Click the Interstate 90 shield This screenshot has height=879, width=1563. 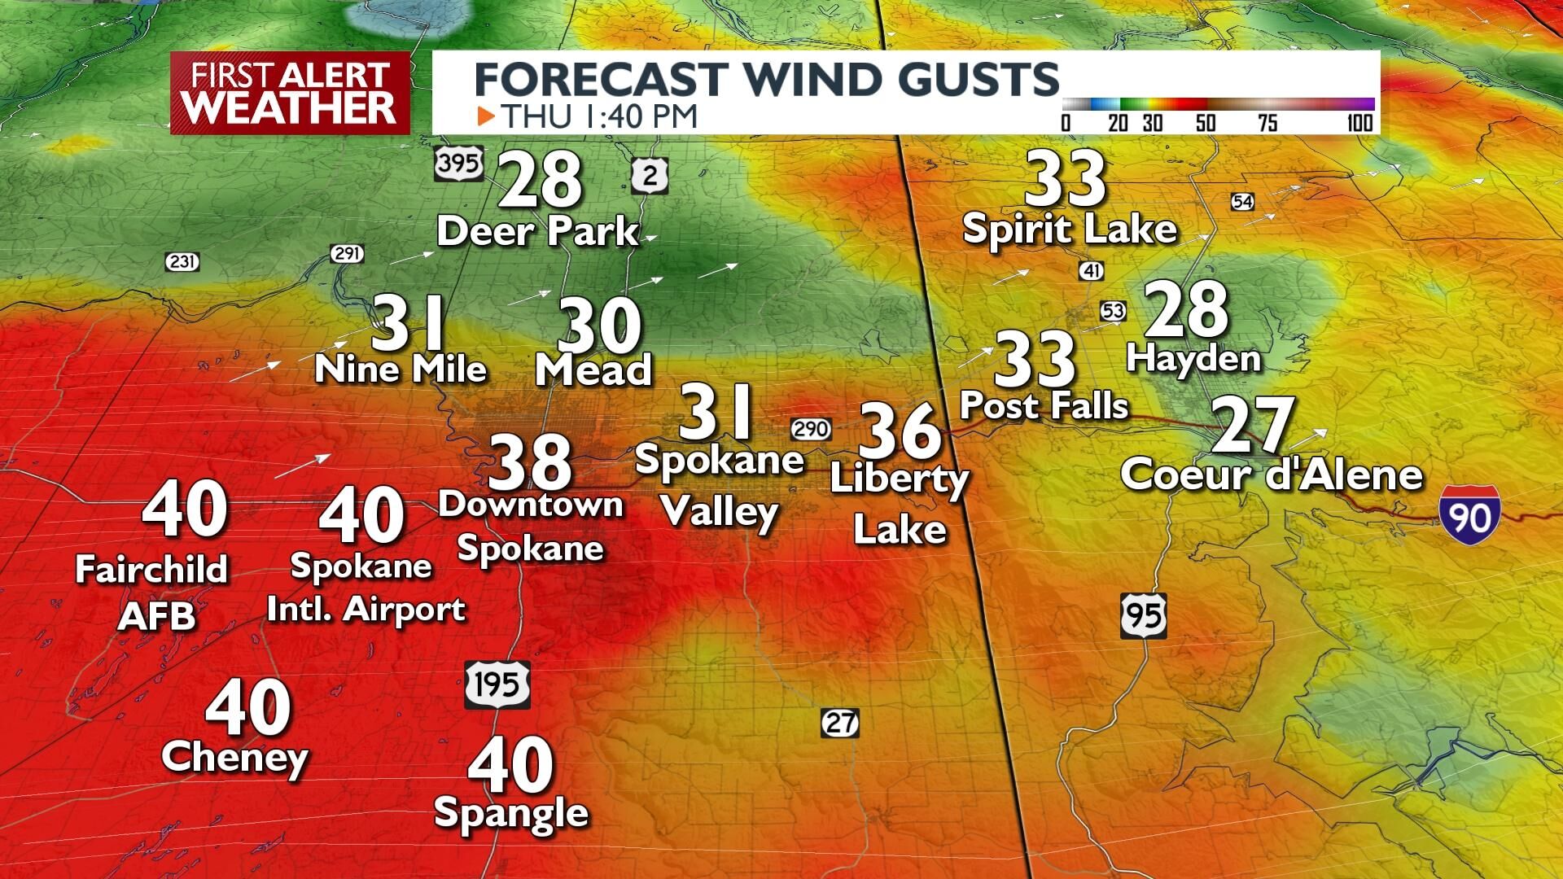pyautogui.click(x=1469, y=516)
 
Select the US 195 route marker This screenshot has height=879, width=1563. pyautogui.click(x=497, y=684)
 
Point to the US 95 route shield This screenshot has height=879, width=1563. pyautogui.click(x=1144, y=615)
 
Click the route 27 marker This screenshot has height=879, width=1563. pyautogui.click(x=839, y=722)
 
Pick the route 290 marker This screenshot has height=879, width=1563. pyautogui.click(x=811, y=428)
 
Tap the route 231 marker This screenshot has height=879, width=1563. pyautogui.click(x=182, y=262)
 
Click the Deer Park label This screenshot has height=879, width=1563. pyautogui.click(x=537, y=232)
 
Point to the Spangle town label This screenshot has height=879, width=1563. pyautogui.click(x=511, y=812)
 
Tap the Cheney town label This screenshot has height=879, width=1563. pyautogui.click(x=234, y=759)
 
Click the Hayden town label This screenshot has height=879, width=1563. pyautogui.click(x=1193, y=358)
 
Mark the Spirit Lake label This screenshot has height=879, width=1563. pyautogui.click(x=1069, y=230)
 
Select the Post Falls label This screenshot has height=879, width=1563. pyautogui.click(x=1044, y=405)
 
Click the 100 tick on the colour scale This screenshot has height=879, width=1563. pyautogui.click(x=1359, y=124)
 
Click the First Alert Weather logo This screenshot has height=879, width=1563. pyautogui.click(x=291, y=93)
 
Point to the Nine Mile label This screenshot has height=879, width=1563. pyautogui.click(x=401, y=370)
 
